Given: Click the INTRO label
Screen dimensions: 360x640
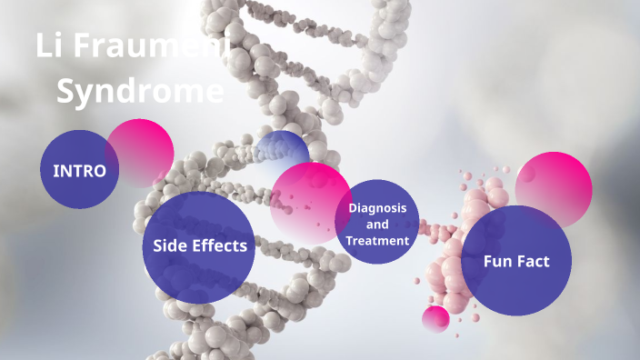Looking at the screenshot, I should [x=79, y=171].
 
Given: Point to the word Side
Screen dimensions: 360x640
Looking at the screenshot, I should [x=170, y=245].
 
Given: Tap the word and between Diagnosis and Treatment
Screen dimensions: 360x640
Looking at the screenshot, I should [x=377, y=225].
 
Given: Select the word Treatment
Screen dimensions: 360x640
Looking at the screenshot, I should [x=377, y=241].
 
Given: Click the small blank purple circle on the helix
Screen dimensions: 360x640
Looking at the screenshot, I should [x=282, y=150].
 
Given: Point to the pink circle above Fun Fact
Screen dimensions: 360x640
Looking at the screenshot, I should [x=554, y=185].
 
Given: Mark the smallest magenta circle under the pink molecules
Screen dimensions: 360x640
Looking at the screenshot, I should [x=436, y=318].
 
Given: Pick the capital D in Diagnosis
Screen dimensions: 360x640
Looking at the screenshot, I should [x=353, y=208].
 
